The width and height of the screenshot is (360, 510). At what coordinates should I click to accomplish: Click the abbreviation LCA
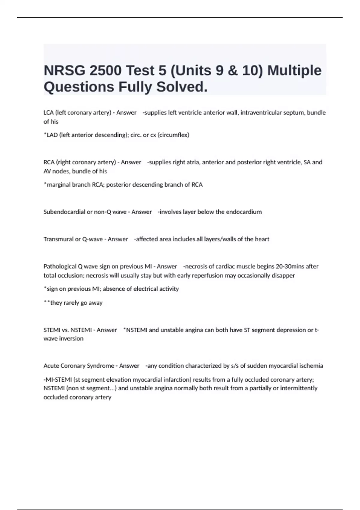click(49, 112)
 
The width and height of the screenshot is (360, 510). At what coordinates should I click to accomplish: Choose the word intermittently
click(298, 388)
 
